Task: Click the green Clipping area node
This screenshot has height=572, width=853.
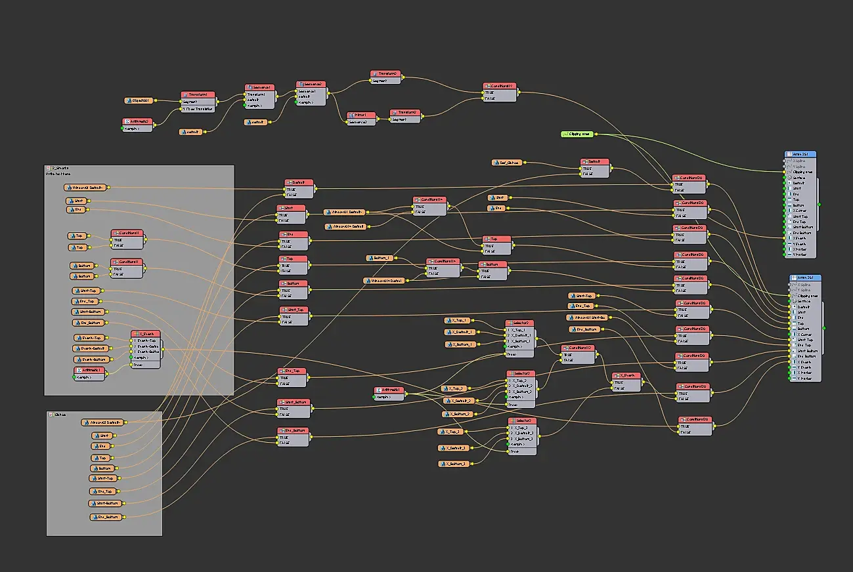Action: point(577,134)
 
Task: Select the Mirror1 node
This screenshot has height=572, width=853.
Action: point(361,115)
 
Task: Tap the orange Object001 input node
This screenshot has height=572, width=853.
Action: point(139,100)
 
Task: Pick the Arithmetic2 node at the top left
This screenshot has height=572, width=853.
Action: point(137,121)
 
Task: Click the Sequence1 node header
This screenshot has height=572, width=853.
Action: point(259,87)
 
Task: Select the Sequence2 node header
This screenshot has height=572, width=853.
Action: point(311,85)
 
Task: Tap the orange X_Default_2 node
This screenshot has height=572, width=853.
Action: point(458,400)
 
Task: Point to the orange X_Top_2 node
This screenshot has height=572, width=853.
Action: point(454,388)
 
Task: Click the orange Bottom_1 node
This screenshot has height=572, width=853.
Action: point(380,258)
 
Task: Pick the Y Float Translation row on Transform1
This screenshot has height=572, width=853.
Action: point(197,109)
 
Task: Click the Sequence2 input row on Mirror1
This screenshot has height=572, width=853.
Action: point(361,122)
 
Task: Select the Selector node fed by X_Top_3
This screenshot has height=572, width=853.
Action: point(522,420)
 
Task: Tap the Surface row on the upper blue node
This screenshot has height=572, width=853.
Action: point(799,178)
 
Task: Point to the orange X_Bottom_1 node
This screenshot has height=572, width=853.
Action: point(462,344)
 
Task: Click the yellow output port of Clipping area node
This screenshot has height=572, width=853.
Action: point(595,134)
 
